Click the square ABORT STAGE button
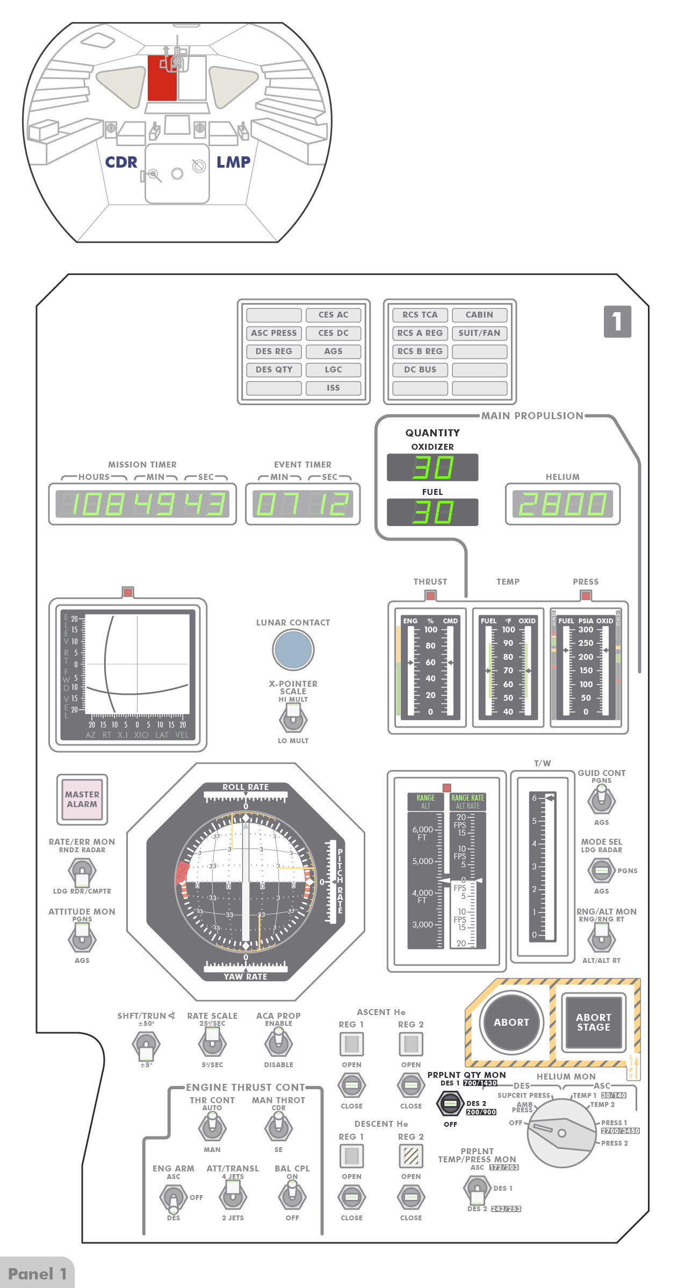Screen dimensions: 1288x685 click(x=593, y=1022)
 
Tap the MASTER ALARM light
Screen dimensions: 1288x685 click(x=82, y=799)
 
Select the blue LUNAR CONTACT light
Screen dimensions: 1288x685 click(x=293, y=649)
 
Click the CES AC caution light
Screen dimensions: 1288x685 click(x=333, y=315)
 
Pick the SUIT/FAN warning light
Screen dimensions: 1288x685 click(x=479, y=333)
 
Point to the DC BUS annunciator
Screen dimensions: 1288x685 click(x=420, y=370)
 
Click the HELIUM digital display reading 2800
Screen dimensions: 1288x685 click(x=563, y=504)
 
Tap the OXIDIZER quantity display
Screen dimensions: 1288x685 click(x=432, y=467)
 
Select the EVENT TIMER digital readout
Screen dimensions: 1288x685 click(x=302, y=504)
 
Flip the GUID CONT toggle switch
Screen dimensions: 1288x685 click(x=601, y=800)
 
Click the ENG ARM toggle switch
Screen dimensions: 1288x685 click(x=173, y=1197)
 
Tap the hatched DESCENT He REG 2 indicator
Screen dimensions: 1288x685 click(x=411, y=1156)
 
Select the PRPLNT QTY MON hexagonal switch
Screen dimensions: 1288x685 click(x=450, y=1104)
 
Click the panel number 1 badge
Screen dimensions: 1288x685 click(x=617, y=321)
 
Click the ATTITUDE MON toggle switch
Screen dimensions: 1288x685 click(x=82, y=939)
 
